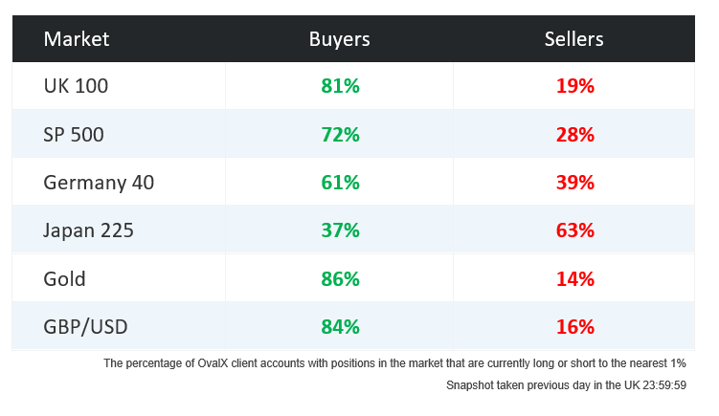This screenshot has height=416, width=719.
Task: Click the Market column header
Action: point(77,39)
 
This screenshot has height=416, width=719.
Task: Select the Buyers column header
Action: point(339,39)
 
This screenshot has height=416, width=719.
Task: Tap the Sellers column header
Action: point(574,39)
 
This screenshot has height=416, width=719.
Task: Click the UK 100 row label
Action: point(77,86)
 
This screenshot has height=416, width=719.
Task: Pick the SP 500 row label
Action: point(74,135)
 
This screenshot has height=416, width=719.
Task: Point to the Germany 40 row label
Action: point(99,183)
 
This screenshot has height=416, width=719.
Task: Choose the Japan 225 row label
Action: point(89,230)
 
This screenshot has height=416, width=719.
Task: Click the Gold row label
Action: point(65,279)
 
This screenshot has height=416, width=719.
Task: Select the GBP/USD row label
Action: point(86,327)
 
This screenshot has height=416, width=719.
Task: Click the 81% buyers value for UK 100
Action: point(340,86)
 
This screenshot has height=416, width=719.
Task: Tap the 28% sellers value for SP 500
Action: point(574,135)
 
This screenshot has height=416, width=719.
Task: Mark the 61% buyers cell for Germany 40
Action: point(340,183)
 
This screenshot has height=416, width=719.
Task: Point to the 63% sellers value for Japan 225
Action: point(574,230)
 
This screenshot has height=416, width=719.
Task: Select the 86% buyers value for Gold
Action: point(340,279)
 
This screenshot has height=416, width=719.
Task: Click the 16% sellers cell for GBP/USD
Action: point(574,327)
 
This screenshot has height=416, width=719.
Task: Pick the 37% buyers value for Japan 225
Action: point(340,230)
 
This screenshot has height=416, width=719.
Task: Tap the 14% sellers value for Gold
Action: point(574,279)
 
